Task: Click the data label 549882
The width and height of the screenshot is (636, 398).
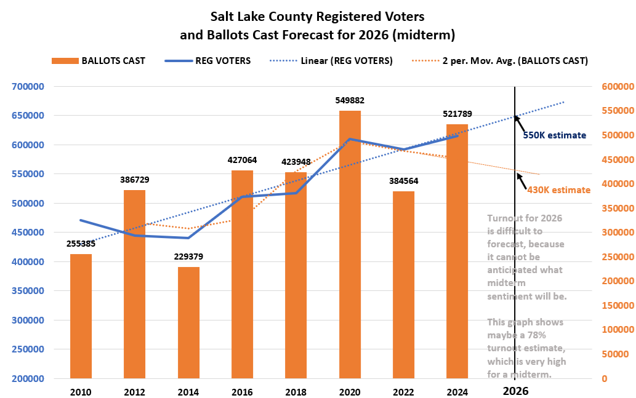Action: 350,100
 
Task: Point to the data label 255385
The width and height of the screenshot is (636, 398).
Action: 81,244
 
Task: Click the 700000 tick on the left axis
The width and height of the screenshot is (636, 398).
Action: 28,87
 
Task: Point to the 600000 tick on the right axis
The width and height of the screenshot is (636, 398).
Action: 618,87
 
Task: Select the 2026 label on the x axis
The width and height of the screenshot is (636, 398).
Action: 515,391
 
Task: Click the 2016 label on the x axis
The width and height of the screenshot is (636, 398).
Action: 243,391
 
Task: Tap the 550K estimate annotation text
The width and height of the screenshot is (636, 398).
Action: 554,135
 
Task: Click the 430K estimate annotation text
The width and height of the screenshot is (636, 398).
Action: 558,190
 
